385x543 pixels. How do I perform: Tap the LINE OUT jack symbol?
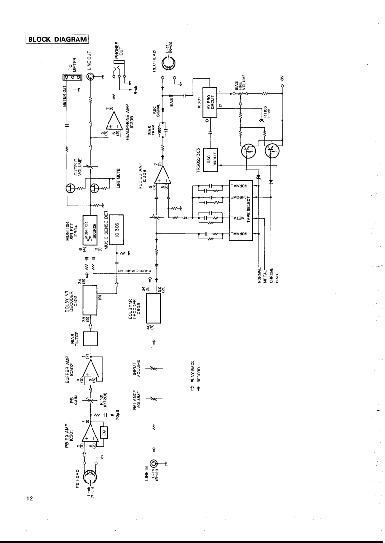tap(91, 77)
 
